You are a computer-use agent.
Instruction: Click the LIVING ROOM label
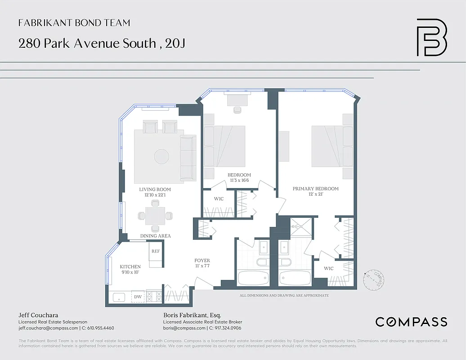click(x=155, y=189)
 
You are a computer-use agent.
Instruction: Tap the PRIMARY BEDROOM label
click(x=315, y=189)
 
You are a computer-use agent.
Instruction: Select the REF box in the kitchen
click(x=155, y=251)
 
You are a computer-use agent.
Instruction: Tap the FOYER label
click(x=202, y=261)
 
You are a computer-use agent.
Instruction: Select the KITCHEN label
click(x=130, y=266)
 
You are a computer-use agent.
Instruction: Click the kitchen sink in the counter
click(x=119, y=297)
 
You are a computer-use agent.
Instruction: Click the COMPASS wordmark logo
click(x=411, y=322)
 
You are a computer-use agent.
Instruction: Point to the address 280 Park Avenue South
click(x=85, y=44)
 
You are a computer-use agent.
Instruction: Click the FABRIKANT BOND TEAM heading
click(x=74, y=23)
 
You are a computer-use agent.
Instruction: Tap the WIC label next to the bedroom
click(x=219, y=198)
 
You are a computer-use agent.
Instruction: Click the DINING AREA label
click(x=155, y=236)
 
